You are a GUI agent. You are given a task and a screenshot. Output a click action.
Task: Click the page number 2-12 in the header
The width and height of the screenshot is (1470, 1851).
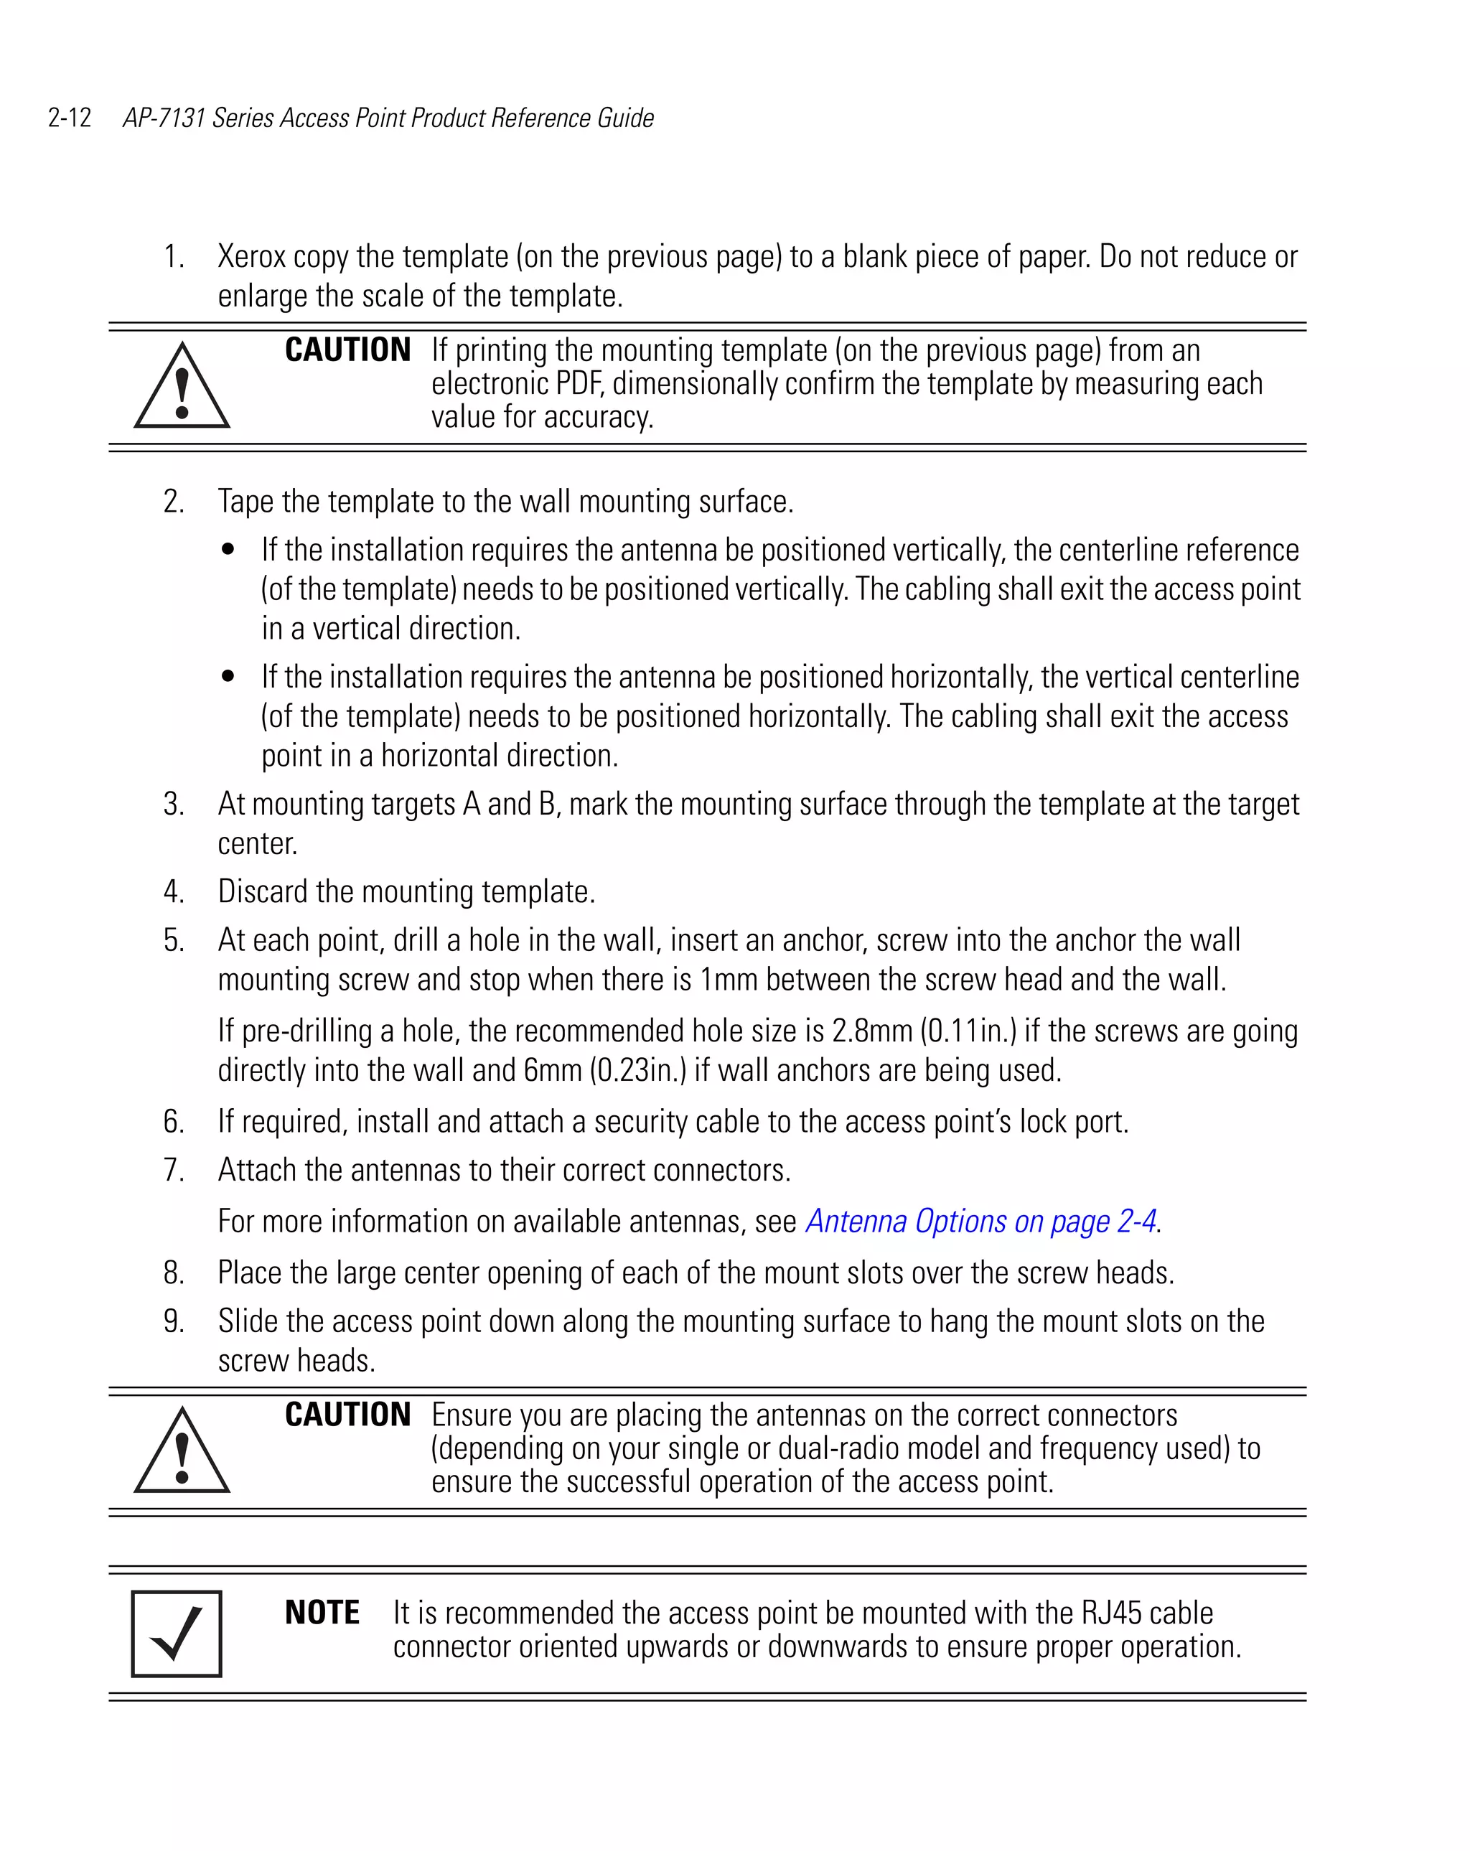pyautogui.click(x=70, y=118)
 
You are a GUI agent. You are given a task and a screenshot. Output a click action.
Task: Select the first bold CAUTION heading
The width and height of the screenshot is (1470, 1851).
pyautogui.click(x=347, y=350)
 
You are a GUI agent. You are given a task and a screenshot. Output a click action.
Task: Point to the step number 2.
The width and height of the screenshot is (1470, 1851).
pyautogui.click(x=174, y=502)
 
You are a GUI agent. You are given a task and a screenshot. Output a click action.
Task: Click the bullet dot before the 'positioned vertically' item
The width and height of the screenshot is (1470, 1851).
pyautogui.click(x=228, y=550)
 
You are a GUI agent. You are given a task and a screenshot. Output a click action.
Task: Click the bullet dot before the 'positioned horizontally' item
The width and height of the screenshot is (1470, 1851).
pyautogui.click(x=228, y=678)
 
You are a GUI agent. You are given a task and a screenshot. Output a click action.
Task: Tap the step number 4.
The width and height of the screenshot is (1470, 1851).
pyautogui.click(x=174, y=892)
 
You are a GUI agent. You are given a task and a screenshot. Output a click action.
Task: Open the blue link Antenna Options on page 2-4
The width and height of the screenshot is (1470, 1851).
pyautogui.click(x=980, y=1222)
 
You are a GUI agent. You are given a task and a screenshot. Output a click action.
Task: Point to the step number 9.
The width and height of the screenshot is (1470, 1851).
pyautogui.click(x=174, y=1321)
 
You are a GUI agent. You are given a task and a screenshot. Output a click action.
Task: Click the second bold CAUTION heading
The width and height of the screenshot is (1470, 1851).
pyautogui.click(x=347, y=1415)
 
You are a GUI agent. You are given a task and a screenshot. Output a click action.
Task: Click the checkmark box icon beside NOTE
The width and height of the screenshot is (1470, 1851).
pyautogui.click(x=177, y=1634)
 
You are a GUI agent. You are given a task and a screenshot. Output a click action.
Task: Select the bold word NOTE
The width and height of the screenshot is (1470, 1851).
pyautogui.click(x=322, y=1613)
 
